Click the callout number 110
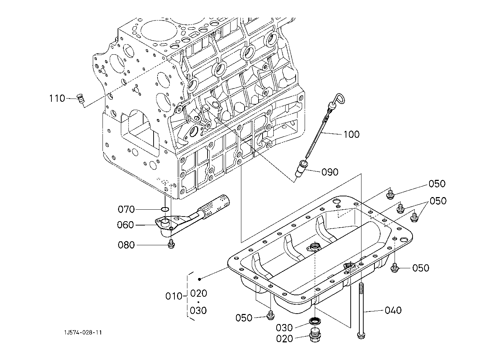tap(57, 98)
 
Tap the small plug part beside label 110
tap(81, 99)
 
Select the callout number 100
tap(351, 134)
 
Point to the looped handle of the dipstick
tap(338, 100)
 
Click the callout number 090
tap(330, 172)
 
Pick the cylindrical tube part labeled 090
tap(301, 168)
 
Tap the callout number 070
tap(126, 209)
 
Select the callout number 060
tap(125, 225)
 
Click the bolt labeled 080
tap(171, 244)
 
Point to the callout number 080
tap(126, 245)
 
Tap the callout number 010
tap(174, 296)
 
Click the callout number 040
tap(393, 310)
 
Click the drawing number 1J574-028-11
tap(83, 333)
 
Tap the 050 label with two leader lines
tap(438, 201)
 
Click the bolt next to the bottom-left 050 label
tap(270, 315)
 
